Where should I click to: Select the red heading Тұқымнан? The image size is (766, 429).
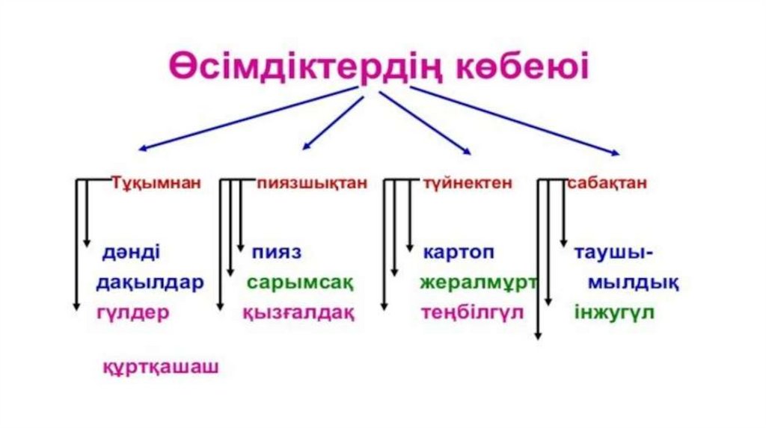tap(156, 183)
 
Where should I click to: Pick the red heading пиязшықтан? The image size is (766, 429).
tap(312, 183)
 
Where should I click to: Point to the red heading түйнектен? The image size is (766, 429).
tap(467, 183)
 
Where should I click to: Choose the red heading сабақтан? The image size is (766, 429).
tap(607, 183)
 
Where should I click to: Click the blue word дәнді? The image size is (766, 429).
tap(131, 252)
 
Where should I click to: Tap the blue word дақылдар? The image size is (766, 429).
tap(150, 283)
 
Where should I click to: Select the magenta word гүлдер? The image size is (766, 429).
tap(132, 312)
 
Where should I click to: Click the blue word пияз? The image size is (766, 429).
tap(276, 252)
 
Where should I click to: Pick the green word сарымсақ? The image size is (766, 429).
tap(300, 284)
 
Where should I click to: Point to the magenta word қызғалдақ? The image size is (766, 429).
tap(298, 312)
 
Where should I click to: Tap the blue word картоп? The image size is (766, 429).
tap(458, 252)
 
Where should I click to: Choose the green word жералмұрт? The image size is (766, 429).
tap(478, 283)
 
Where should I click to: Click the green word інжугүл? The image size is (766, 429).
tap(614, 312)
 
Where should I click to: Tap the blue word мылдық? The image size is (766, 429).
tap(633, 283)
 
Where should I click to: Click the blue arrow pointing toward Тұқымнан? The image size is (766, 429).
tap(247, 119)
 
